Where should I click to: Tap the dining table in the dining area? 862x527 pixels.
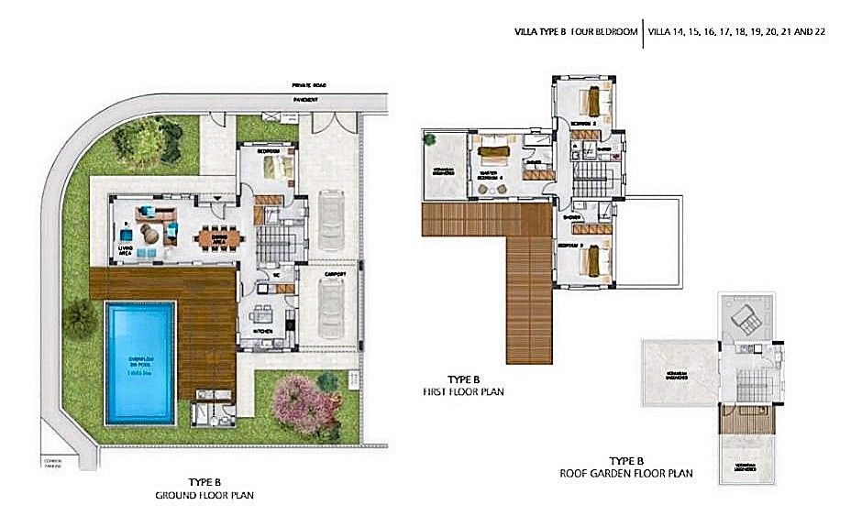tap(221, 236)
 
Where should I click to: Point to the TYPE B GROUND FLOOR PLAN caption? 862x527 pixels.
tap(204, 488)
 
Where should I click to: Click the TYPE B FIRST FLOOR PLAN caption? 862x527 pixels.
tap(464, 385)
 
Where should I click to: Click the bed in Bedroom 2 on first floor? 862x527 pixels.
tap(592, 96)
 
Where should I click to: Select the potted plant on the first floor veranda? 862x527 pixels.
tap(429, 139)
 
